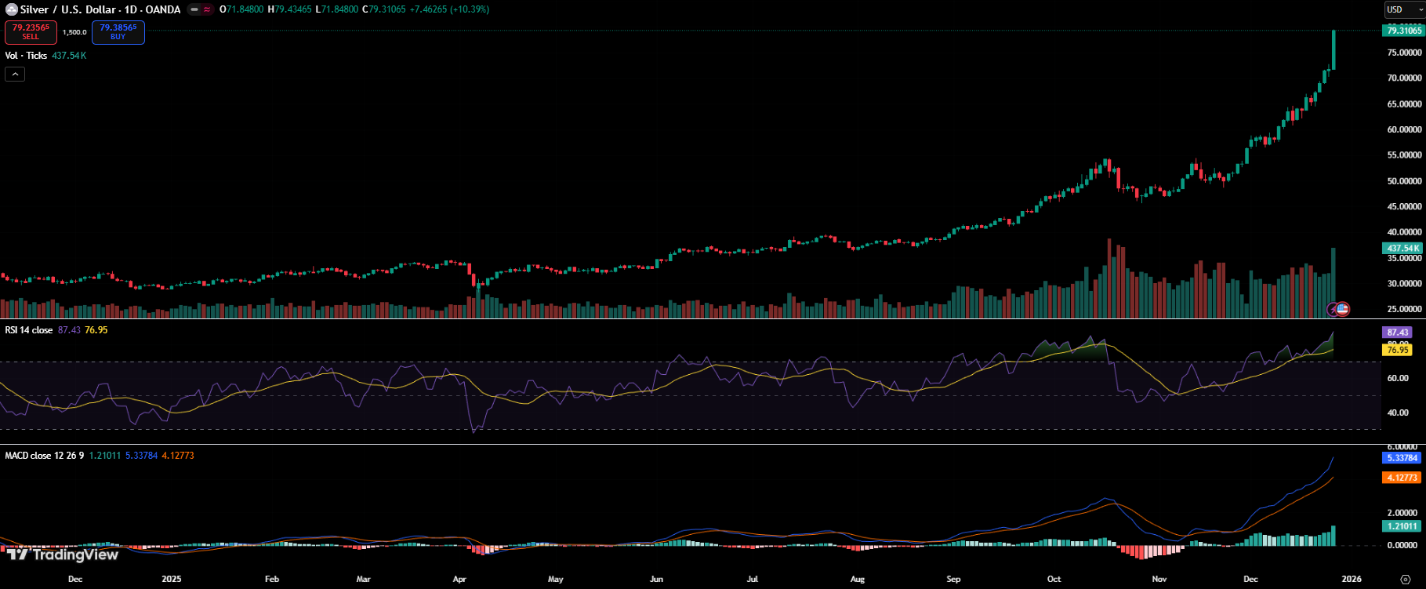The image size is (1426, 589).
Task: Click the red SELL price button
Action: tap(31, 32)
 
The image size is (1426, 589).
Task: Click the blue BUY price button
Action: tap(118, 32)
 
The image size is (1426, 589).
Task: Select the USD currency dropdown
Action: tap(1404, 9)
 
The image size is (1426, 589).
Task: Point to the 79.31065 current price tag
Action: tap(1403, 31)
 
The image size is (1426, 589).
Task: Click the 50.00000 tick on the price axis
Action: tap(1404, 181)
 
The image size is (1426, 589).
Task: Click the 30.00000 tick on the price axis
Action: tap(1404, 284)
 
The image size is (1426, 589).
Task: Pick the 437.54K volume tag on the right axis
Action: tap(1402, 249)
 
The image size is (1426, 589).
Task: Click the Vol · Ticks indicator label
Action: tap(26, 56)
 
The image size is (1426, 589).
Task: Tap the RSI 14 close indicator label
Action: tap(29, 330)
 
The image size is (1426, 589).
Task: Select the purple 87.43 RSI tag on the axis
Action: tap(1398, 333)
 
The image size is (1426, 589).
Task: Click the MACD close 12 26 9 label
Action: tap(44, 456)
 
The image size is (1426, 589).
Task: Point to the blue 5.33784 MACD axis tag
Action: tap(1402, 458)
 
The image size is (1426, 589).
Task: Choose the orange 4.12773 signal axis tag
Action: tap(1402, 478)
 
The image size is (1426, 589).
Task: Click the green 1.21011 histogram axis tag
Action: tap(1402, 526)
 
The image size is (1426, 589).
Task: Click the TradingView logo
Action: tap(63, 554)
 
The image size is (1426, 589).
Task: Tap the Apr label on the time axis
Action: tap(459, 580)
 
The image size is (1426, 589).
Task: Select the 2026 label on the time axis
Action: tap(1352, 580)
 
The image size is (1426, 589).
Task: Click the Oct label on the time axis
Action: tap(1054, 580)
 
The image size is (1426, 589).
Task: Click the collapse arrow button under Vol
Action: tap(15, 75)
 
